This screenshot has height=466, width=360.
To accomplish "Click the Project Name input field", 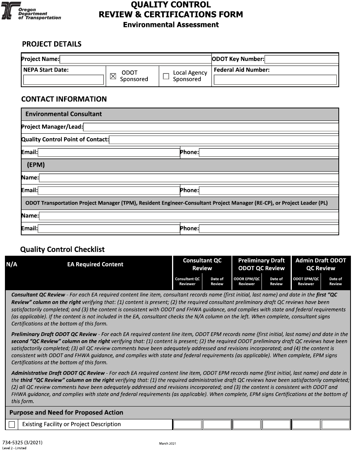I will (x=135, y=59).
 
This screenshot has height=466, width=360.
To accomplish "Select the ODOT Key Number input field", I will (x=301, y=59).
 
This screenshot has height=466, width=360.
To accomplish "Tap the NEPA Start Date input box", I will (x=63, y=80).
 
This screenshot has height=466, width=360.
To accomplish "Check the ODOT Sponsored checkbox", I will (x=113, y=76).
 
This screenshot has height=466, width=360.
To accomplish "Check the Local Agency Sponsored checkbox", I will (x=166, y=76).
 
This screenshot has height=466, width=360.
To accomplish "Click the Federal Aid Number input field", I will (x=275, y=80).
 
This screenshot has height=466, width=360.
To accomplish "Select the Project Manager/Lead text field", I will (x=211, y=127).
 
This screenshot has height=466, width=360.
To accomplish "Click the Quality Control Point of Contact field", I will (x=224, y=140).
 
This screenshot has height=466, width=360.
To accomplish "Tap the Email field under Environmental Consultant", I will (x=108, y=153).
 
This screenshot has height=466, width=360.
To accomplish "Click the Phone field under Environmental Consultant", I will (x=269, y=153).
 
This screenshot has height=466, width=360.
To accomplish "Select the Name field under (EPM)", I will (x=189, y=178).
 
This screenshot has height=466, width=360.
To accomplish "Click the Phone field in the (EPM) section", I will (x=269, y=191).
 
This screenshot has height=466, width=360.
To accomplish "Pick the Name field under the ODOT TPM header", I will (x=189, y=216).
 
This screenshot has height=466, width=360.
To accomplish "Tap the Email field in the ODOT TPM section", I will (x=108, y=229).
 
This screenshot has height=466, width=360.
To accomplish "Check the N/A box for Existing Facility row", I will (x=12, y=425).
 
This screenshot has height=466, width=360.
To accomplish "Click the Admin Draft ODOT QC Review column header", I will (x=321, y=264).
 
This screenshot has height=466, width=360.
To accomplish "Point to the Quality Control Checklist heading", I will (x=62, y=250).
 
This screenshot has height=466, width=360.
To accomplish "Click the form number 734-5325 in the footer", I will (x=22, y=443).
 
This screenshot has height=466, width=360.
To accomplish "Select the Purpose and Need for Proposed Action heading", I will (x=66, y=413).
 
